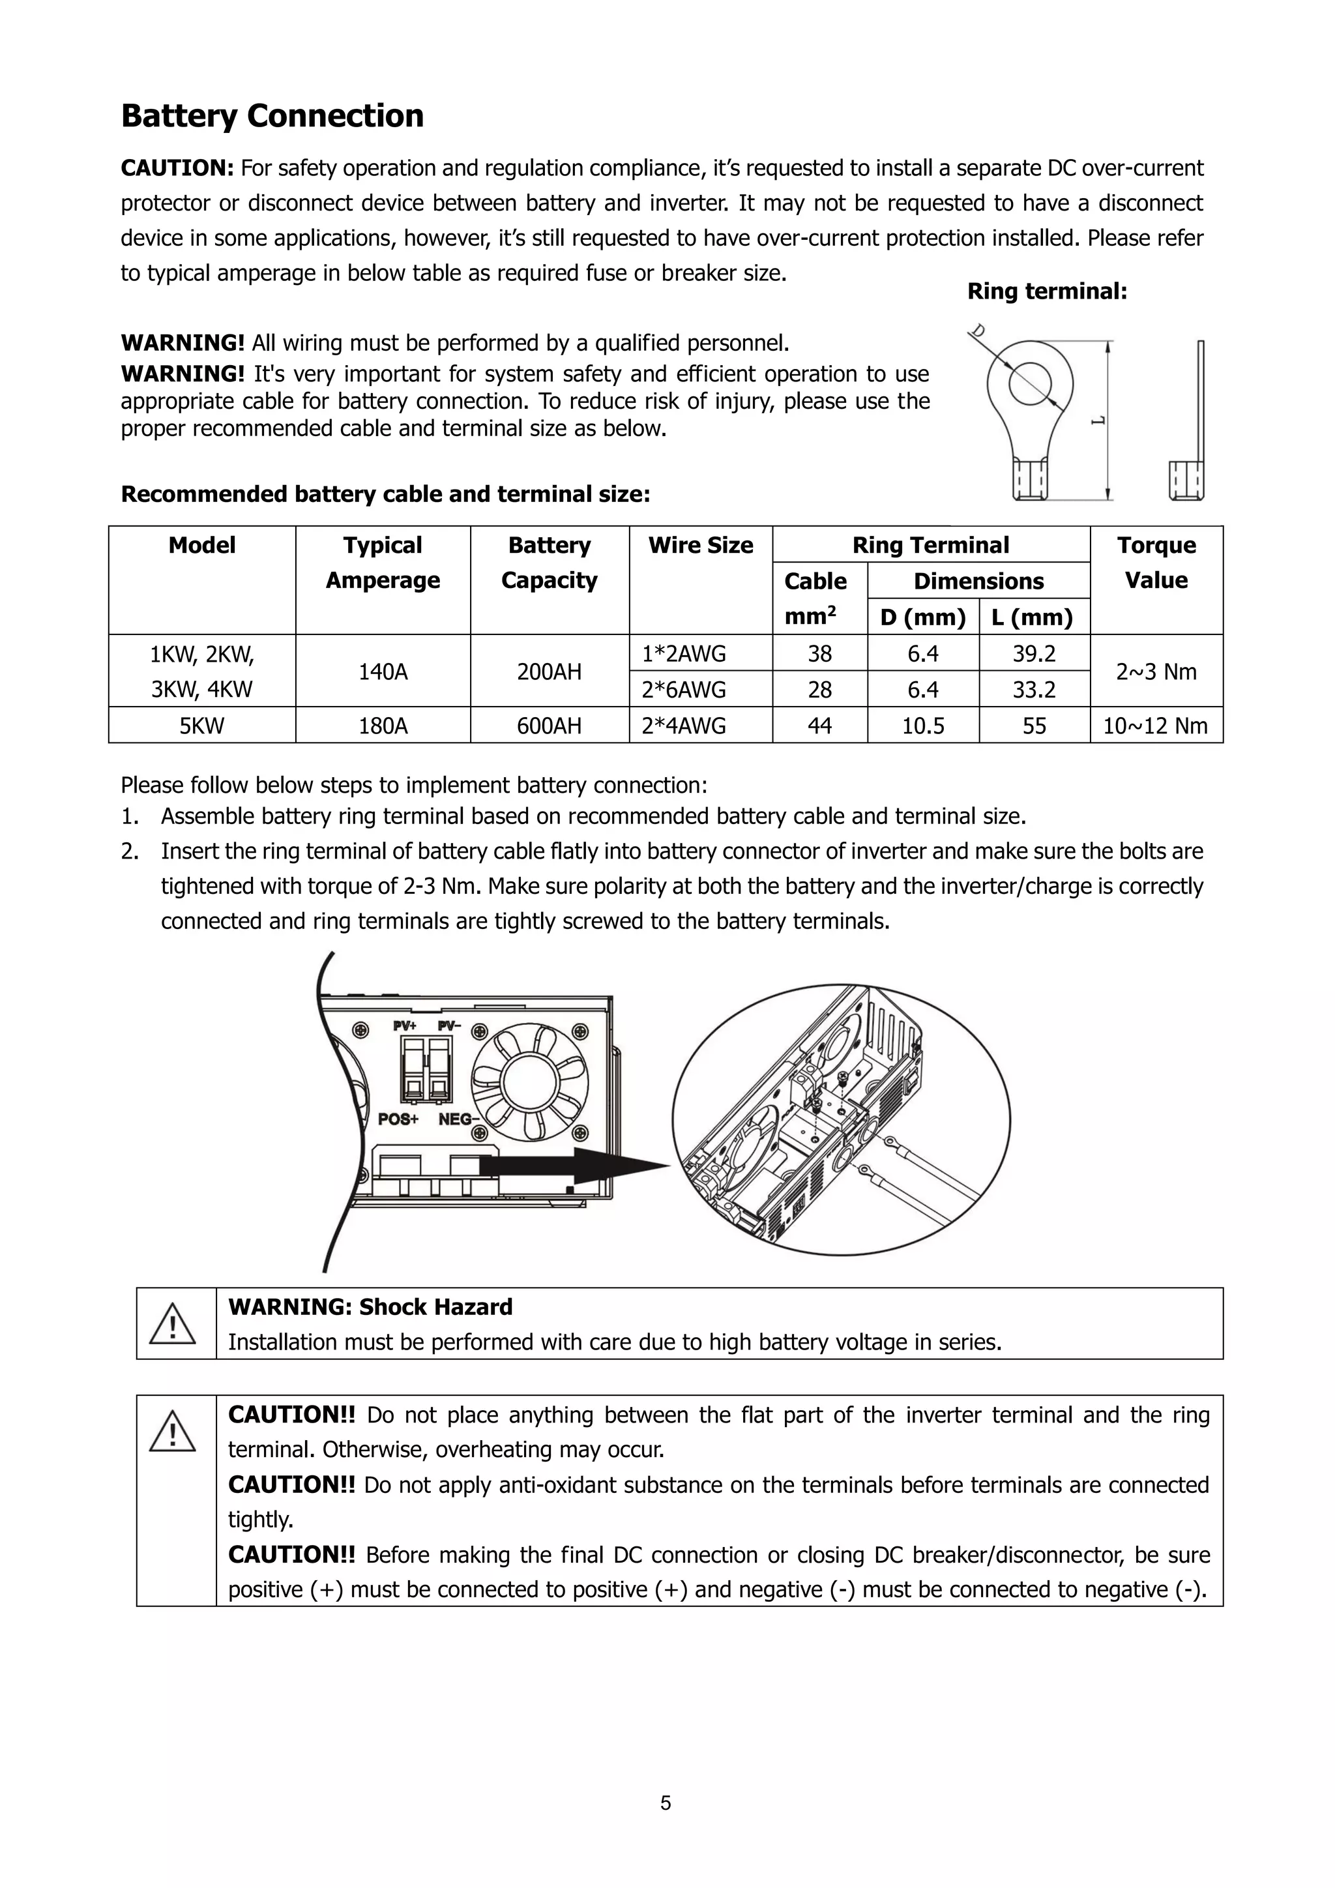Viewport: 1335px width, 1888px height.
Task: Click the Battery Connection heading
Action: (272, 116)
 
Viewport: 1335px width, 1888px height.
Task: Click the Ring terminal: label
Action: (1046, 291)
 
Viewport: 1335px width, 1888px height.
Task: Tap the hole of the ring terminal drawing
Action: (1030, 384)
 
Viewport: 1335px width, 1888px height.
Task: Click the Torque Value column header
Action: (1156, 563)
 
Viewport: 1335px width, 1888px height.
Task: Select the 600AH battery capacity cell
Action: (549, 725)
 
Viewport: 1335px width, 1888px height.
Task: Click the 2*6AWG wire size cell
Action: (684, 690)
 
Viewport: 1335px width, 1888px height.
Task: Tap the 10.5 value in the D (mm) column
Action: (922, 725)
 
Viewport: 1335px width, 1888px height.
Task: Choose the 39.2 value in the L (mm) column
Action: (1033, 654)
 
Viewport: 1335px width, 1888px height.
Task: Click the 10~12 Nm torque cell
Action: (1155, 725)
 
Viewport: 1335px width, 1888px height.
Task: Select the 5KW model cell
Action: (201, 725)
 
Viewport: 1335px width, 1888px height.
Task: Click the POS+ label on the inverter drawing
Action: (398, 1119)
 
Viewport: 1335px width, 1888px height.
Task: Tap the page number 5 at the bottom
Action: (665, 1803)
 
